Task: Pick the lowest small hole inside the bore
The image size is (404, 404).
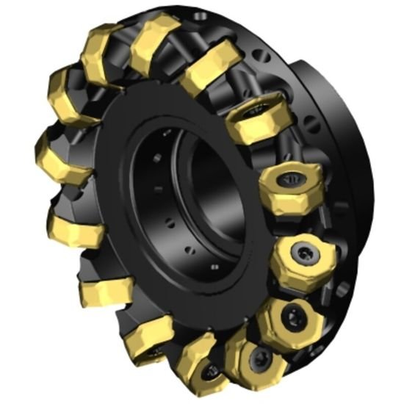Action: coord(213,265)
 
